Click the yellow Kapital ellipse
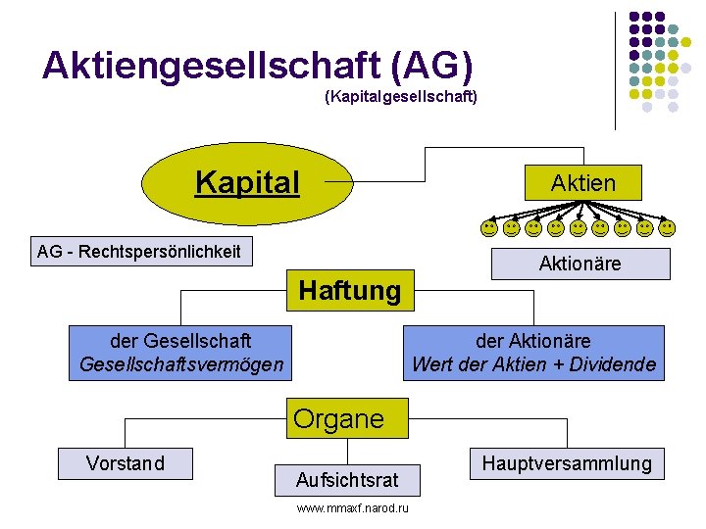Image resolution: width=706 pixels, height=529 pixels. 247,183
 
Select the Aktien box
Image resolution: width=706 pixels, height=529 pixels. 582,183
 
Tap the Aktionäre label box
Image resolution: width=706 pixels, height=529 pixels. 580,264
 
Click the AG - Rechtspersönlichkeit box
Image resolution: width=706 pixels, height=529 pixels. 138,252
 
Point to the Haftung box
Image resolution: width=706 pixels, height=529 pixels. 350,291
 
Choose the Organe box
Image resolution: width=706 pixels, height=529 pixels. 339,419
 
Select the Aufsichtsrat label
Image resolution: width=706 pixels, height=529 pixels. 347,480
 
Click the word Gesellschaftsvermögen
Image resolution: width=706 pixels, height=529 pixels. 181,365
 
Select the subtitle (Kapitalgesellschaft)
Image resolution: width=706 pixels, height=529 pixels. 400,98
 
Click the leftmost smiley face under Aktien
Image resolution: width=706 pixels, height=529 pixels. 488,228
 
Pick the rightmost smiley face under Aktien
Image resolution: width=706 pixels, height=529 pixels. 667,228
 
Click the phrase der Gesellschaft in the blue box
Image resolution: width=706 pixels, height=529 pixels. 181,341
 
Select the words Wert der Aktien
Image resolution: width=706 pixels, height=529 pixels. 475,365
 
